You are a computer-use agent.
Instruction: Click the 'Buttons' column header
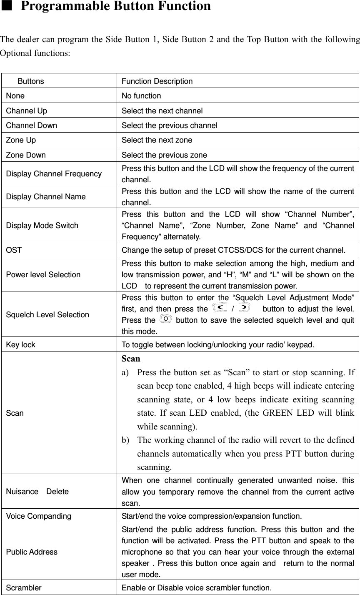(x=30, y=81)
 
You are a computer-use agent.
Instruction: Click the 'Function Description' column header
(x=157, y=81)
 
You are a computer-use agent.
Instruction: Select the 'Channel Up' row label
(x=26, y=111)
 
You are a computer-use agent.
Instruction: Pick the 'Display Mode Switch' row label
(x=42, y=226)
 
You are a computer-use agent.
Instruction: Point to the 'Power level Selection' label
(x=43, y=275)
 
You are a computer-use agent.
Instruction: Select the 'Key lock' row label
(x=20, y=345)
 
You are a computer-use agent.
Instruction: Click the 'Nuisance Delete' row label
(x=37, y=491)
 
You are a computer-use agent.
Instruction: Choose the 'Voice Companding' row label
(x=38, y=516)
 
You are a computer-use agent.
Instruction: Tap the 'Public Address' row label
(x=32, y=552)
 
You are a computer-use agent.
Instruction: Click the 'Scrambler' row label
(x=24, y=588)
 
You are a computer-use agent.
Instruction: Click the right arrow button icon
(x=245, y=308)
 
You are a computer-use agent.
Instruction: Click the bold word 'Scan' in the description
(x=131, y=359)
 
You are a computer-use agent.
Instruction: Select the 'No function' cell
(x=141, y=96)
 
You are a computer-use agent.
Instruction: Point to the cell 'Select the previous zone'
(x=164, y=155)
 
